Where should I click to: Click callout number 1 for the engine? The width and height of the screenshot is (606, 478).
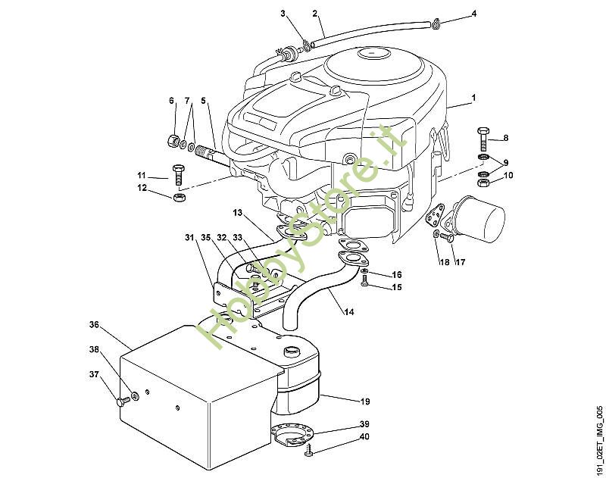tap(473, 98)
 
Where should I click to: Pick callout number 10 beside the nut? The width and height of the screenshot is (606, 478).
tap(508, 175)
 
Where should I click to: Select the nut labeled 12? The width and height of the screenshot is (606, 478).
tap(180, 198)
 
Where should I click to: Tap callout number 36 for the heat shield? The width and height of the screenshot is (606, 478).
tap(94, 324)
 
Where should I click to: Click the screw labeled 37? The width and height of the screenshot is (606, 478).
tap(122, 401)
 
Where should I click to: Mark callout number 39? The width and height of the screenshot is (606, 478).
tap(364, 424)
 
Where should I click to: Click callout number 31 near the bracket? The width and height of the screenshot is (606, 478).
tap(189, 238)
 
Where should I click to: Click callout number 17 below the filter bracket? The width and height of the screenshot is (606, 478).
tap(459, 262)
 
